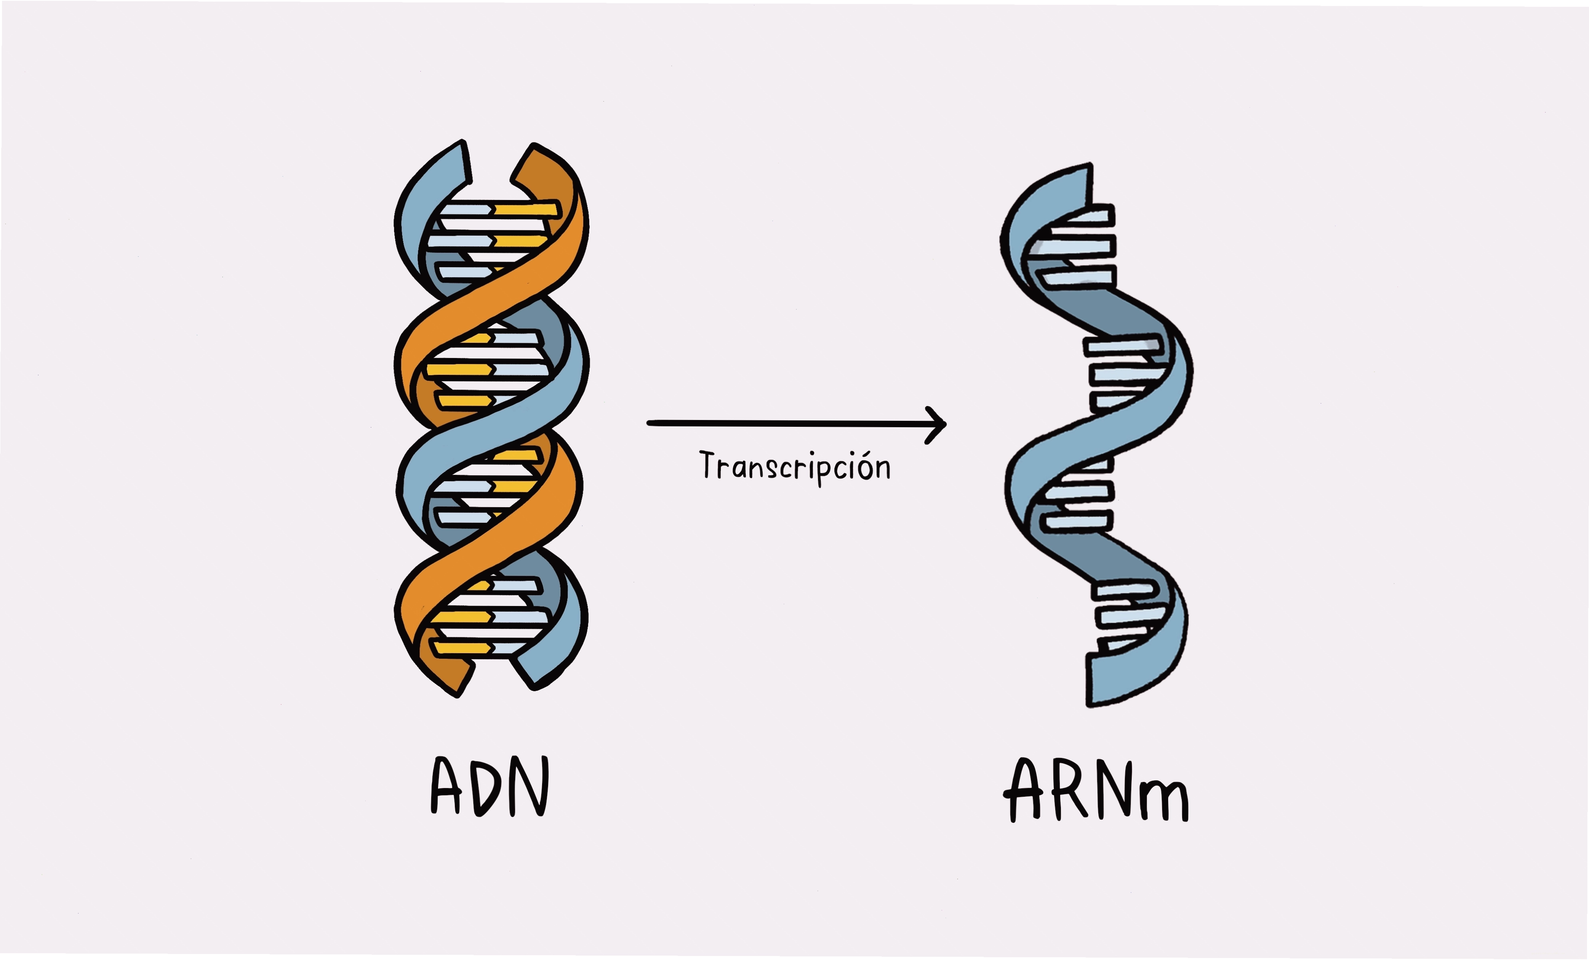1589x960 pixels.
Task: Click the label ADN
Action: (490, 786)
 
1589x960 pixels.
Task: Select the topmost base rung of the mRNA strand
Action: (1090, 215)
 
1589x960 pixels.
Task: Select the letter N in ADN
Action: (529, 786)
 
